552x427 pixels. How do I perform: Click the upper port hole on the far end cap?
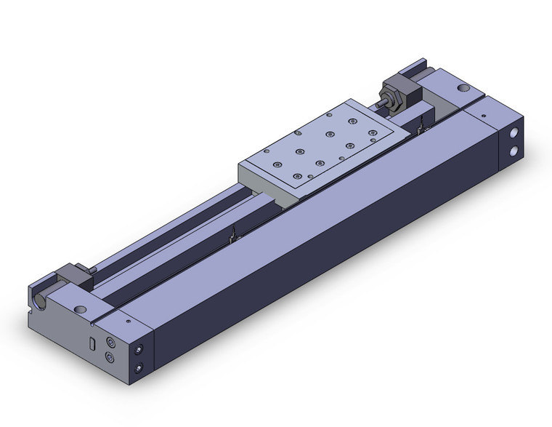[x=515, y=135]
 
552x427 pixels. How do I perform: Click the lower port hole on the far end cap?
[x=515, y=151]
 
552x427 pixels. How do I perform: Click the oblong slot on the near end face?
[x=92, y=343]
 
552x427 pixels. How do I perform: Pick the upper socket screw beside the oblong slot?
[x=110, y=342]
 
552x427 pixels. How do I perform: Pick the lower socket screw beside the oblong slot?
[x=110, y=357]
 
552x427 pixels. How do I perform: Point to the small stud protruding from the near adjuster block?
[x=94, y=270]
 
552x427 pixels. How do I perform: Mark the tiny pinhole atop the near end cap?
[x=129, y=319]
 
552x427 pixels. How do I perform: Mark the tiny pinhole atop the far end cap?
[x=482, y=114]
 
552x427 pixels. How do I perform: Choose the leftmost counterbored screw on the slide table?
[x=268, y=151]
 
